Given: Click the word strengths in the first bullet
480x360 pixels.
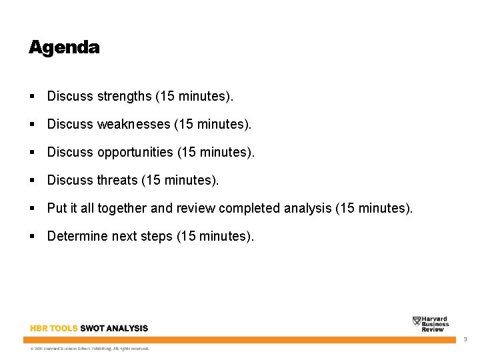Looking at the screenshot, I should click(125, 97).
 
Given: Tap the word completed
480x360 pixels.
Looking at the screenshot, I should click(249, 209).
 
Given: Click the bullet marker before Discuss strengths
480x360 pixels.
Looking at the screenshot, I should click(33, 97).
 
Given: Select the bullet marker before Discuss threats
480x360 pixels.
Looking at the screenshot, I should click(33, 181).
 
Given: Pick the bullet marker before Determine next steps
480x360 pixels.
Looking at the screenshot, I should click(33, 237).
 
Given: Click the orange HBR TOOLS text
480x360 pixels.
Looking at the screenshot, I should click(54, 328).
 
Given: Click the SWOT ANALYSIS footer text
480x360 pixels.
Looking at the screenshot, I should click(114, 328).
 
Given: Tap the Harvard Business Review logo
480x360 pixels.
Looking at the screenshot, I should click(431, 324).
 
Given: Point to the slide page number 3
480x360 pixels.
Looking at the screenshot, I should click(465, 340).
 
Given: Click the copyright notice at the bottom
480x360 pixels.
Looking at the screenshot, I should click(89, 348).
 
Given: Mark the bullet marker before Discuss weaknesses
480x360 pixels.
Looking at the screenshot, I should click(33, 125).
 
